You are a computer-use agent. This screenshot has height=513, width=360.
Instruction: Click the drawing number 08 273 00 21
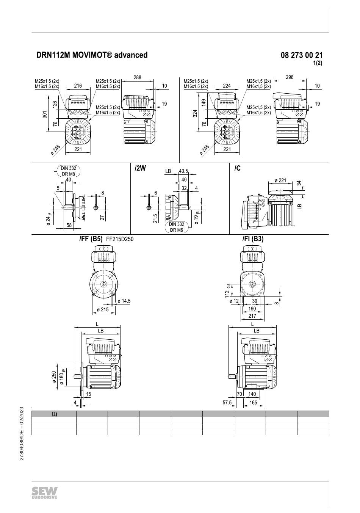pyautogui.click(x=302, y=55)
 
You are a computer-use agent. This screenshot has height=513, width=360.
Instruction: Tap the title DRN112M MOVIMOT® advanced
pyautogui.click(x=92, y=55)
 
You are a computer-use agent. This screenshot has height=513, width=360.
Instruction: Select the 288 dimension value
pyautogui.click(x=137, y=77)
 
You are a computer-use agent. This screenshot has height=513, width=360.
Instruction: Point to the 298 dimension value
pyautogui.click(x=290, y=77)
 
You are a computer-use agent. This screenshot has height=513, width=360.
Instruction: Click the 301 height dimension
pyautogui.click(x=45, y=114)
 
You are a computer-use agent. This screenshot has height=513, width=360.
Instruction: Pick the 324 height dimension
pyautogui.click(x=195, y=113)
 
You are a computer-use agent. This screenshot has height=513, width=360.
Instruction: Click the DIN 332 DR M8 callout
pyautogui.click(x=69, y=171)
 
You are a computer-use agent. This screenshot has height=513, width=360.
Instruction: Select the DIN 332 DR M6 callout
pyautogui.click(x=177, y=227)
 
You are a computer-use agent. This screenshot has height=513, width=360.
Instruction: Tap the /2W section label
pyautogui.click(x=140, y=168)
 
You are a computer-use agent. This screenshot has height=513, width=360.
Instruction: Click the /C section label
pyautogui.click(x=237, y=168)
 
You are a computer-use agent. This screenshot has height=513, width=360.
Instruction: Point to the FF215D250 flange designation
pyautogui.click(x=120, y=239)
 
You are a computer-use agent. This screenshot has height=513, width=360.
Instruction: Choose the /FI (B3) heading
pyautogui.click(x=253, y=239)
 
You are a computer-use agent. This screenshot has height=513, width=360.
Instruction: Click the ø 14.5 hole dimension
pyautogui.click(x=124, y=301)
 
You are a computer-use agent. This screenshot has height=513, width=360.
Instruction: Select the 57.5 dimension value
pyautogui.click(x=227, y=402)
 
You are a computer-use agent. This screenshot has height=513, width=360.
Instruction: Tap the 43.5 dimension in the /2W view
pyautogui.click(x=183, y=171)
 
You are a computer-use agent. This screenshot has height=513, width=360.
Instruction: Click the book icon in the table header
pyautogui.click(x=54, y=414)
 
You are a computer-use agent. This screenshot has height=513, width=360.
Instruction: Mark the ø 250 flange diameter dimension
pyautogui.click(x=54, y=377)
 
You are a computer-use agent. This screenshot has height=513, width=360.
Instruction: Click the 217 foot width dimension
pyautogui.click(x=252, y=316)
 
